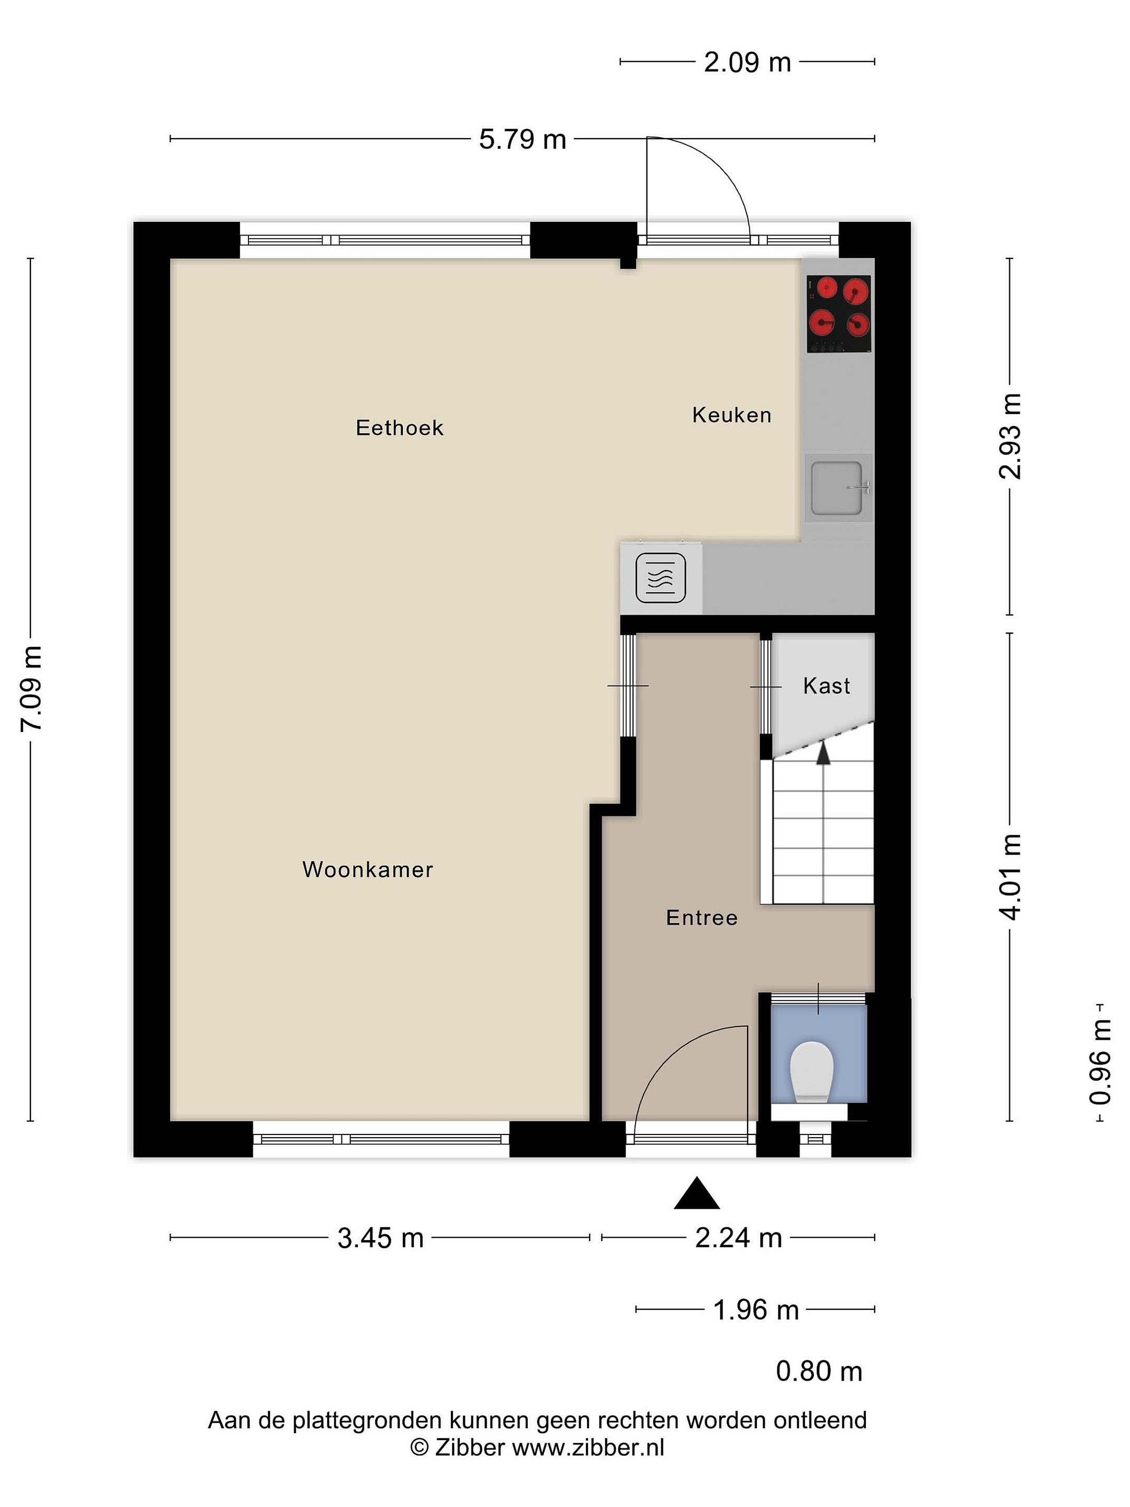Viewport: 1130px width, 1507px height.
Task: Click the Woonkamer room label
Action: coord(367,869)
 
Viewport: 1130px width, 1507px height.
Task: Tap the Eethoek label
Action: coord(399,428)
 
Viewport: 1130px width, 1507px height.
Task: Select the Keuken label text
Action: coord(731,415)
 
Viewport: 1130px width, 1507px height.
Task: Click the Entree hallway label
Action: coord(702,918)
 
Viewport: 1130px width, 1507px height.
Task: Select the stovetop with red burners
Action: coord(839,314)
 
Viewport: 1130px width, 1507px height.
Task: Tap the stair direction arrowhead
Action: coord(823,753)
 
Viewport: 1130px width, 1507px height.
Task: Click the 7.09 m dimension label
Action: coord(31,689)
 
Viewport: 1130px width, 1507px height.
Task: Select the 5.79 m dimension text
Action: coord(523,140)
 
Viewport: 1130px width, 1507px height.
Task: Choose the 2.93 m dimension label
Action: coord(1010,436)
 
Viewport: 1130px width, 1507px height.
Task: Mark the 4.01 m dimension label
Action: coord(1010,877)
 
